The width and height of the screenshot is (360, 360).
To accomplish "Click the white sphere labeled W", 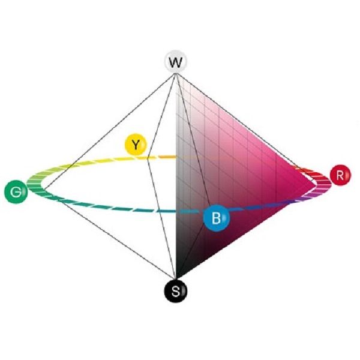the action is pos(176,62).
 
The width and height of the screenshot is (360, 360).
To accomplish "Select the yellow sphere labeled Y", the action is pos(136,145).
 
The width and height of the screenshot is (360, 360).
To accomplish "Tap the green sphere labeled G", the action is pos(16,192).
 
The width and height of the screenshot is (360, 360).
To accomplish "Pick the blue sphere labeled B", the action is pos(216,218).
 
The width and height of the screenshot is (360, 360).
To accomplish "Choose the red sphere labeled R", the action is pos(340,175).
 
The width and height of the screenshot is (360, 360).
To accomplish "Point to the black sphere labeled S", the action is pos(176,291).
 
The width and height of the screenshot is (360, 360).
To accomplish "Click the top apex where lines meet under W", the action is pos(176,73).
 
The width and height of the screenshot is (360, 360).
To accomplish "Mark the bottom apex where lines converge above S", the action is pos(176,279).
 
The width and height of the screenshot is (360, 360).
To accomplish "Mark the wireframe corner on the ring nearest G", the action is pos(44,190).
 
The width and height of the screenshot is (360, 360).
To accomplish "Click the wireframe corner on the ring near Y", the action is pos(148,158).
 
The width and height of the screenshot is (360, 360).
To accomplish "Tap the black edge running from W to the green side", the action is pos(110,131).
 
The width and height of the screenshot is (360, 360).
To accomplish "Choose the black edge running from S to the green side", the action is pos(110,235).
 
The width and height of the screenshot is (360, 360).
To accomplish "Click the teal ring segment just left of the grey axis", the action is pos(166,211).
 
